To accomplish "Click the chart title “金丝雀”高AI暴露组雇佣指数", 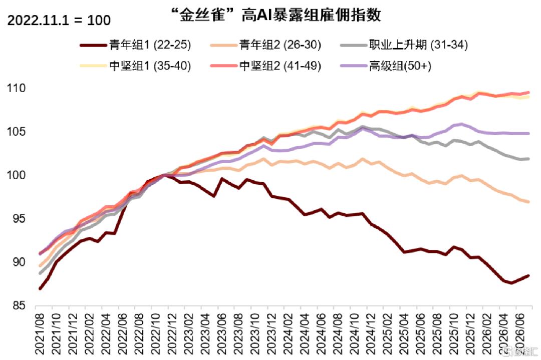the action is point(277,15).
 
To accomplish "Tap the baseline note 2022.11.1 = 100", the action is point(59,20).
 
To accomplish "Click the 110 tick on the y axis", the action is point(16,88).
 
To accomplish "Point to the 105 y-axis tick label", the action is point(16,132).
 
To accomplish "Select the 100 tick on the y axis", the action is point(16,175).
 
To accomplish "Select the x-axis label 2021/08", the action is point(40,333).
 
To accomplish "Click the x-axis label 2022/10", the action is point(155,333).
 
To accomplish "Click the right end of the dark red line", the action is point(528,275).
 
